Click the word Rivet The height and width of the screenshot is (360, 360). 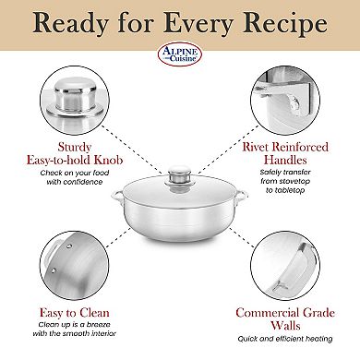(x=265, y=145)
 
